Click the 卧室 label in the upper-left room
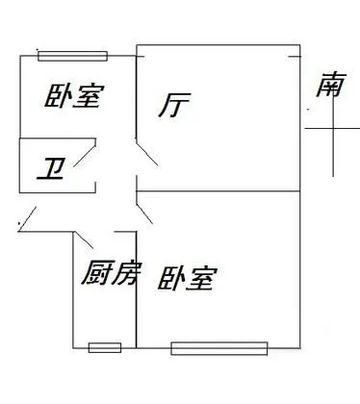coord(75,96)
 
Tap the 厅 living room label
coord(175,105)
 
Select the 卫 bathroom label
coord(51,168)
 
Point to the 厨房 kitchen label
coord(110,273)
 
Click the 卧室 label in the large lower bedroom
coord(188,278)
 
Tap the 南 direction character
coord(331,85)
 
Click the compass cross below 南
coord(333,129)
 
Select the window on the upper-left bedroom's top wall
coord(73,56)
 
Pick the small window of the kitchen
coord(105,347)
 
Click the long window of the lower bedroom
coord(219,348)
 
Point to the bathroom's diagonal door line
coord(85,156)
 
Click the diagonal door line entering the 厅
coord(146,152)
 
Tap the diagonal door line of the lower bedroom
coord(144,214)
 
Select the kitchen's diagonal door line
coord(84,240)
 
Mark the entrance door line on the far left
coord(27,219)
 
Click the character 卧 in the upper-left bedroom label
coord(57,96)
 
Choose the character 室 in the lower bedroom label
coord(202,279)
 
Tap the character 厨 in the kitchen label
coord(95,273)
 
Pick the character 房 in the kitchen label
coord(125,273)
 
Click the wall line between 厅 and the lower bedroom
coord(219,191)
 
